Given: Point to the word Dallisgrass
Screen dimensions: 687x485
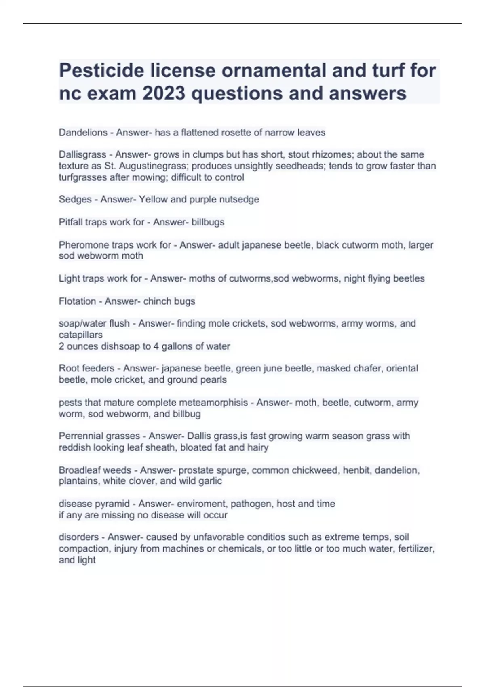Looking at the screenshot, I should coord(82,155).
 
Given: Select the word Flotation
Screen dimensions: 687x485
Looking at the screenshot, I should coord(77,301).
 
